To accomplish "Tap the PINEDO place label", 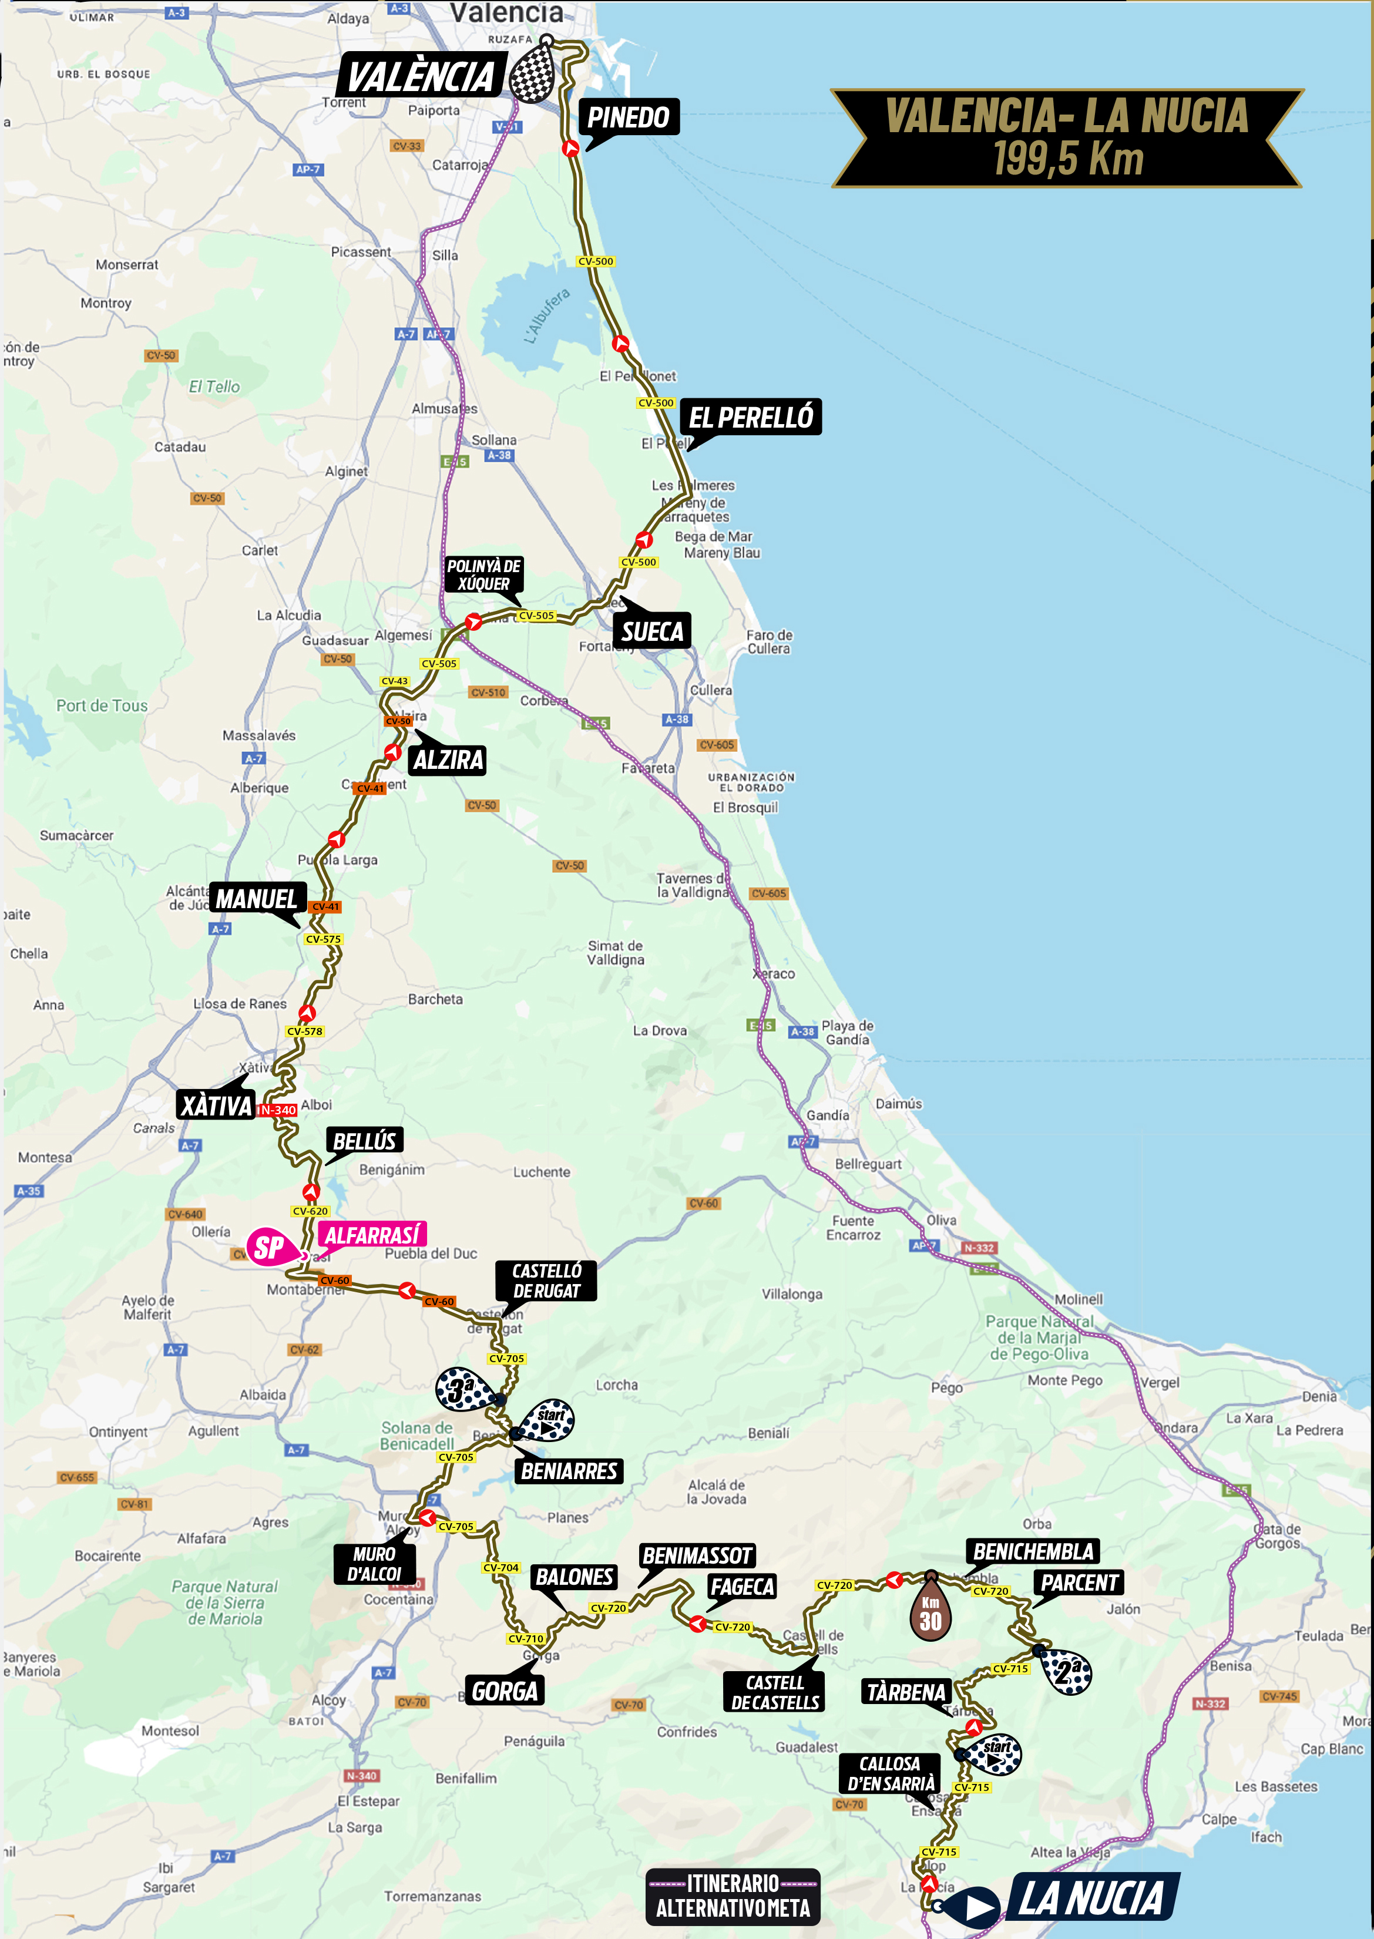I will tap(628, 117).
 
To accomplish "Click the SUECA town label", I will tap(651, 631).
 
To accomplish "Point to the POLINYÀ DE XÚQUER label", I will tap(484, 574).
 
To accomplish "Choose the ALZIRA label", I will tap(448, 760).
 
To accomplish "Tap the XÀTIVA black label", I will tap(217, 1105).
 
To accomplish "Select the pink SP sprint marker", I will tap(270, 1248).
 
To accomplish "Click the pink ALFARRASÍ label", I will tap(372, 1235).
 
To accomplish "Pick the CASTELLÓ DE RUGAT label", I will tap(546, 1280).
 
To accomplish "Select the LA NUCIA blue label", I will tap(1091, 1897).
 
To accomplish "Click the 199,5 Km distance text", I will tap(1068, 159).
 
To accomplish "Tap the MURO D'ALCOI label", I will tap(375, 1564).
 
